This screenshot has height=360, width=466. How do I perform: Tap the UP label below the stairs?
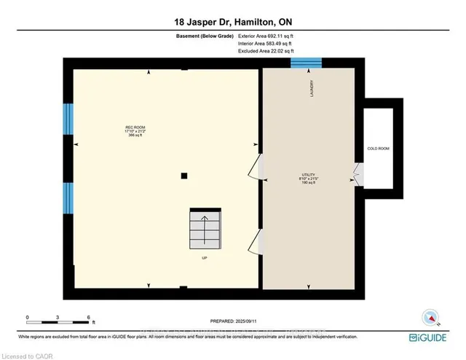click(x=205, y=257)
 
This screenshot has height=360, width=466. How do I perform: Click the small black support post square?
click(x=185, y=176)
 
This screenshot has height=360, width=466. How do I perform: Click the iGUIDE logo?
click(x=433, y=339)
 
